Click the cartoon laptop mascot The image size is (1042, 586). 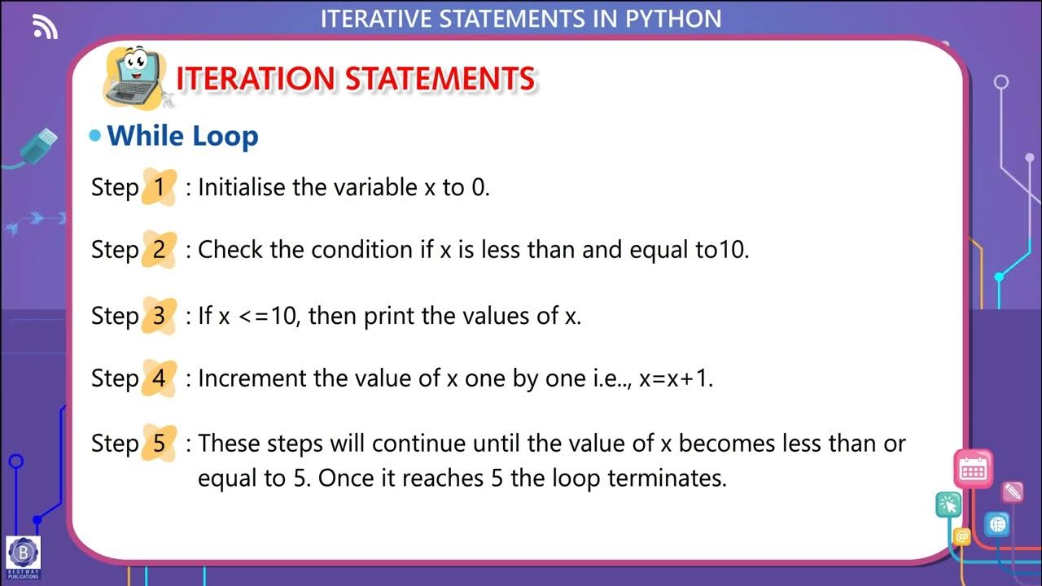pos(134,77)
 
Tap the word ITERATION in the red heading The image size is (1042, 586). pos(255,79)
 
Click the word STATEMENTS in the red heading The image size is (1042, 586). pos(440,79)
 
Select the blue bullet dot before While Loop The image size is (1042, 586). pos(96,136)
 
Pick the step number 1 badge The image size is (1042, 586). pos(159,187)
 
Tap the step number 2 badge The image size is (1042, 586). pos(159,250)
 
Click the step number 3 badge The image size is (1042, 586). pos(159,316)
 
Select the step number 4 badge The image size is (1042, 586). pos(159,378)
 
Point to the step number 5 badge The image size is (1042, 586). pos(159,444)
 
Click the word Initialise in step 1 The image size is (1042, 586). pos(242,187)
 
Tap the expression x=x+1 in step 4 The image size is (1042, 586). pos(676,379)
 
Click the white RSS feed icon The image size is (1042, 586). pos(46,28)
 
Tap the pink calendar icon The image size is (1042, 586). pos(973,468)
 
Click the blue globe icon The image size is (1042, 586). pos(996,524)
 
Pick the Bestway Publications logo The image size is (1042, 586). pos(23,557)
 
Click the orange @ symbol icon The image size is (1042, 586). pos(962,536)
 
